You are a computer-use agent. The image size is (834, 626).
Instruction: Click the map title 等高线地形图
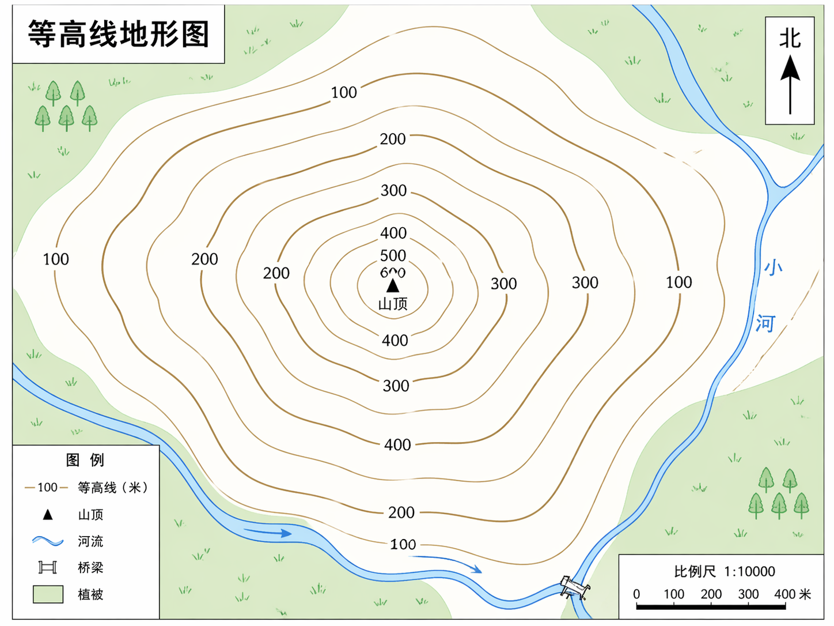click(x=118, y=34)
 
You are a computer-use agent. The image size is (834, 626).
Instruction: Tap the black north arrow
click(x=790, y=83)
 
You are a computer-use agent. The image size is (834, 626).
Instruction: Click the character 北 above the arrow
click(x=790, y=39)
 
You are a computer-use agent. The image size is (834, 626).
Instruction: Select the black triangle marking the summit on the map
click(x=393, y=285)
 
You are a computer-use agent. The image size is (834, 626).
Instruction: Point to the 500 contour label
click(x=393, y=255)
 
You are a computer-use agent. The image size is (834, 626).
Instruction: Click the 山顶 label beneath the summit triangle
click(x=393, y=304)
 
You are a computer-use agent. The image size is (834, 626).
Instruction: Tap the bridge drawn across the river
click(x=574, y=587)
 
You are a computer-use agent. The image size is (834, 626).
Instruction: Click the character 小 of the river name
click(x=773, y=267)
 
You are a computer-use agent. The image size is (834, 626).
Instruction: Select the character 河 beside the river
click(x=765, y=323)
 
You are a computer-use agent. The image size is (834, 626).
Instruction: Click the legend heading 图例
click(x=85, y=460)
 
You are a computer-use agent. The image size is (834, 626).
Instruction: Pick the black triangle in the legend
click(x=48, y=514)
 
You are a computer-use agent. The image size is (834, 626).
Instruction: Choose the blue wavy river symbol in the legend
click(x=48, y=541)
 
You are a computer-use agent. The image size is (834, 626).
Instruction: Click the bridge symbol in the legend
click(x=48, y=568)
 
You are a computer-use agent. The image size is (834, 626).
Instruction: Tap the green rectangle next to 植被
click(x=48, y=594)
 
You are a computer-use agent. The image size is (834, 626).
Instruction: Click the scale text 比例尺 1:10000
click(x=725, y=571)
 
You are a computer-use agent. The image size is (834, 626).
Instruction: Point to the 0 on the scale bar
click(x=636, y=594)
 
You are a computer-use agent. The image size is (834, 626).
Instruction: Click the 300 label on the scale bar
click(x=748, y=594)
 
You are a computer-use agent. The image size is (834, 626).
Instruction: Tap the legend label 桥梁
click(x=90, y=568)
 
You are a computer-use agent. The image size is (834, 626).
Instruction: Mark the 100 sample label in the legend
click(x=47, y=488)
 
